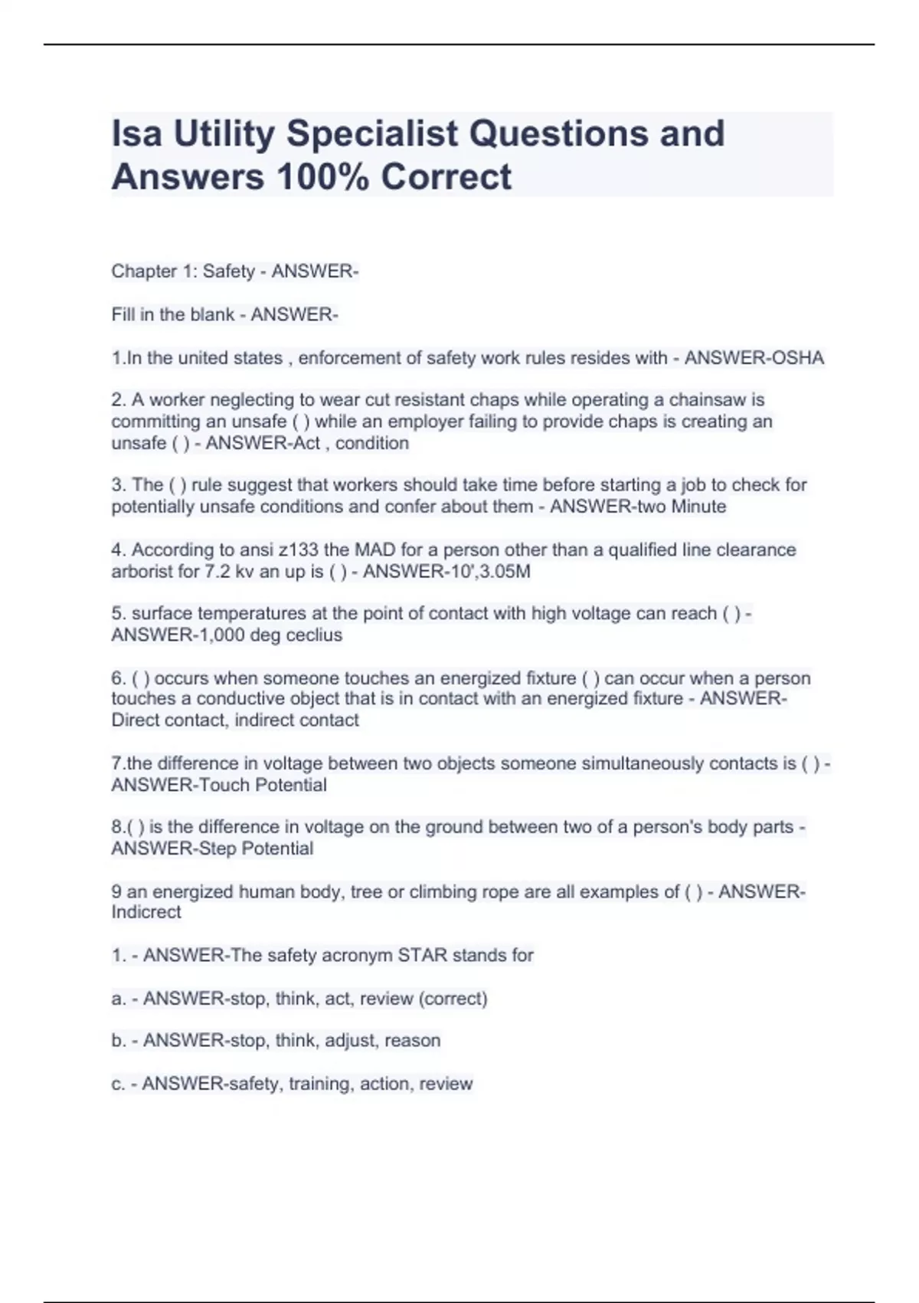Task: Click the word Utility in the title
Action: pyautogui.click(x=224, y=134)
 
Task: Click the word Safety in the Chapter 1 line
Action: pyautogui.click(x=228, y=271)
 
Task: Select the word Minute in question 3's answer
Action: pyautogui.click(x=698, y=507)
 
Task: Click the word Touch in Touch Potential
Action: pyautogui.click(x=224, y=785)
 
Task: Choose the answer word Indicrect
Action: pyautogui.click(x=146, y=912)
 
